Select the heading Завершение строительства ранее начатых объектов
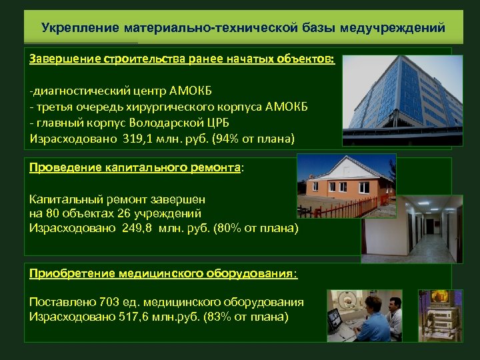tap(182, 59)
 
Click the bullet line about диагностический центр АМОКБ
tap(120, 91)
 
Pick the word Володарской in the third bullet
tap(181, 123)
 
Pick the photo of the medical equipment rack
tap(440, 315)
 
